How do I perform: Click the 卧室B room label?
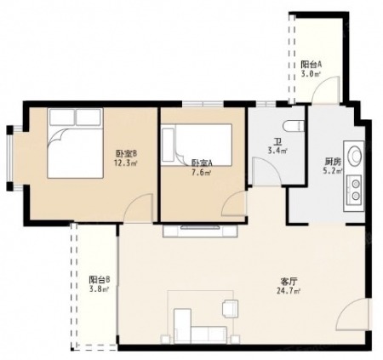126,153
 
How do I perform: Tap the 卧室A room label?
202,163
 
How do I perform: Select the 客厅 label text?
289,282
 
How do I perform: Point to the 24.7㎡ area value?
289,291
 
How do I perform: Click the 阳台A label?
312,65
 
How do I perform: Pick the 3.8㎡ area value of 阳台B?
99,289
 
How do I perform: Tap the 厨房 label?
333,162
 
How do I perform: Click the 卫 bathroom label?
277,141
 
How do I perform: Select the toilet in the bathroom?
294,126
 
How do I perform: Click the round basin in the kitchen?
355,154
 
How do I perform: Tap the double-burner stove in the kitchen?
353,190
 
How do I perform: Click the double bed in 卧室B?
75,143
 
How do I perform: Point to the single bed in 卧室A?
197,145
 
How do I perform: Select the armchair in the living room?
231,309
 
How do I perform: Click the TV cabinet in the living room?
200,231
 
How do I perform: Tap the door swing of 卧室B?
139,208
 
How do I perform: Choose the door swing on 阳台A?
325,90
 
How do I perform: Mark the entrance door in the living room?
352,314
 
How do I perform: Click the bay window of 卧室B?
10,158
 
